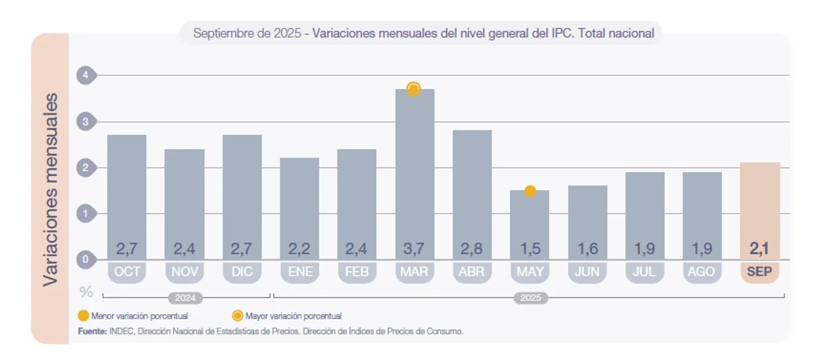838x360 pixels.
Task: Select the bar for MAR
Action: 414,170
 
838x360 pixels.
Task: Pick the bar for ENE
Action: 299,203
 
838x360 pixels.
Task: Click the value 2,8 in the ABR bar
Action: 472,249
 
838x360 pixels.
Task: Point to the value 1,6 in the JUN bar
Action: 587,249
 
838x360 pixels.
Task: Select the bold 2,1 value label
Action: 759,249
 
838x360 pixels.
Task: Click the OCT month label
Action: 127,272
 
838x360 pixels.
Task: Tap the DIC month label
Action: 242,272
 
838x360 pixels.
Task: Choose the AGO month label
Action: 702,272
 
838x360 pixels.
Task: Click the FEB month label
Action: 357,272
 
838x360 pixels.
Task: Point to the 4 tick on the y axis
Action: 85,75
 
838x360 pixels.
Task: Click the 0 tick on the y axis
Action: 85,260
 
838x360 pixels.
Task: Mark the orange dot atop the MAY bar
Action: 530,191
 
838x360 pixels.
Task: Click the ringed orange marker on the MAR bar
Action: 413,90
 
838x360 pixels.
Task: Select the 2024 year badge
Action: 186,298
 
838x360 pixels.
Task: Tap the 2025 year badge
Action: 530,298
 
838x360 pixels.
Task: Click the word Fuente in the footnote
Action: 92,332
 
